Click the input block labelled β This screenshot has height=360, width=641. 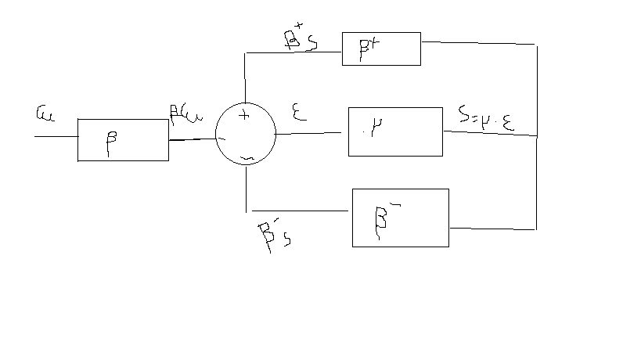click(123, 140)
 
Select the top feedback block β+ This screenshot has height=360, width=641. click(381, 49)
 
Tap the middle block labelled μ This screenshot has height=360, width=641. click(395, 131)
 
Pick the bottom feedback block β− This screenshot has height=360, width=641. click(400, 218)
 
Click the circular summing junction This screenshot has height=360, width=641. click(245, 134)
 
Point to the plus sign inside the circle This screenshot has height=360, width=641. click(243, 117)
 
